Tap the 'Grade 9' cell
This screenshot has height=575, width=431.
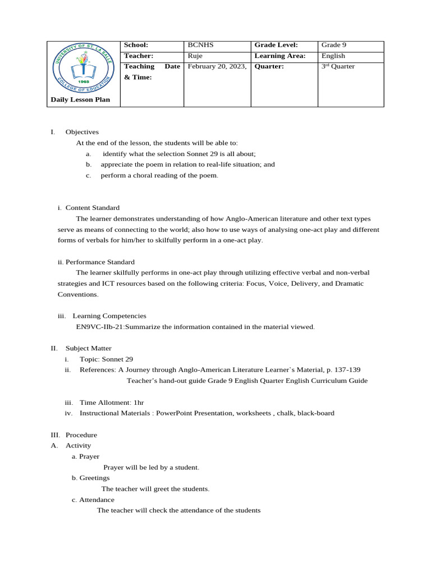pos(333,45)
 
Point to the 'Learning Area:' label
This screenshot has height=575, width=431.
pos(279,56)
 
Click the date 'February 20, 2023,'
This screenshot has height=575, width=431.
pos(217,66)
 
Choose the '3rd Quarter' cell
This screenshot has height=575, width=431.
pos(338,66)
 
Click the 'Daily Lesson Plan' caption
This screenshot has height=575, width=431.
pos(80,100)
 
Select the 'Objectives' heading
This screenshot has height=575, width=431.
pos(82,132)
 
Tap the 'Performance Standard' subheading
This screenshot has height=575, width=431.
pos(100,262)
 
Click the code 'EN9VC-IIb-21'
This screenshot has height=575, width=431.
pos(100,327)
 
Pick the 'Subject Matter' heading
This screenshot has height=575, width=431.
pos(88,348)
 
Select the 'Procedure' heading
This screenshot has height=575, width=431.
pos(81,435)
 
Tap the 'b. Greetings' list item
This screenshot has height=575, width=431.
pos(91,478)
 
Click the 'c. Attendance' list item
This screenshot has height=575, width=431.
pos(93,500)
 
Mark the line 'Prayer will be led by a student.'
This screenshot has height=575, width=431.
pos(152,467)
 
